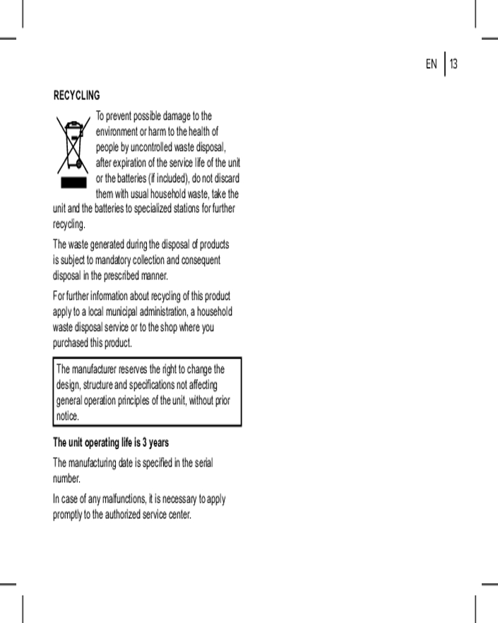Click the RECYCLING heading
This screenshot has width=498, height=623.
coord(77,96)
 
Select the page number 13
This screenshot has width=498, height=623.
coord(454,64)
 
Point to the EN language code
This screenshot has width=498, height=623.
coord(431,64)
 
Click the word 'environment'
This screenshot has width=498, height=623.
coord(119,131)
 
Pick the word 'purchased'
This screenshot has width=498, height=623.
coord(70,343)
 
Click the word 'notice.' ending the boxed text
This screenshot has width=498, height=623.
coord(68,416)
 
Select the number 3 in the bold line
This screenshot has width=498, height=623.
coord(145,443)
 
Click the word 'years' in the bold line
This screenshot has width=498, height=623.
coord(159,443)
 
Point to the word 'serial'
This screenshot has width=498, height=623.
coord(204,463)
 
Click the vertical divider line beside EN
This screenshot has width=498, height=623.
coord(444,64)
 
